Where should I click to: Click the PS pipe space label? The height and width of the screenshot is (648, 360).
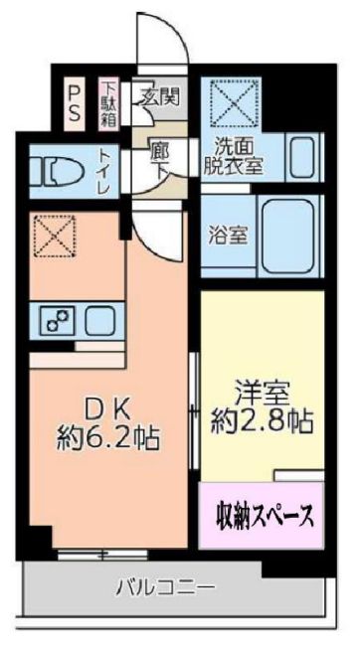click(75, 101)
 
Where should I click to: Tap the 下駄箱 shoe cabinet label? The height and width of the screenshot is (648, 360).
click(107, 102)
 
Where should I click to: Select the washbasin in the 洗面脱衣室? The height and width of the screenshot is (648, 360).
click(305, 158)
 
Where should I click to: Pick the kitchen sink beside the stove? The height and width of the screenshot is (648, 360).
click(100, 321)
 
